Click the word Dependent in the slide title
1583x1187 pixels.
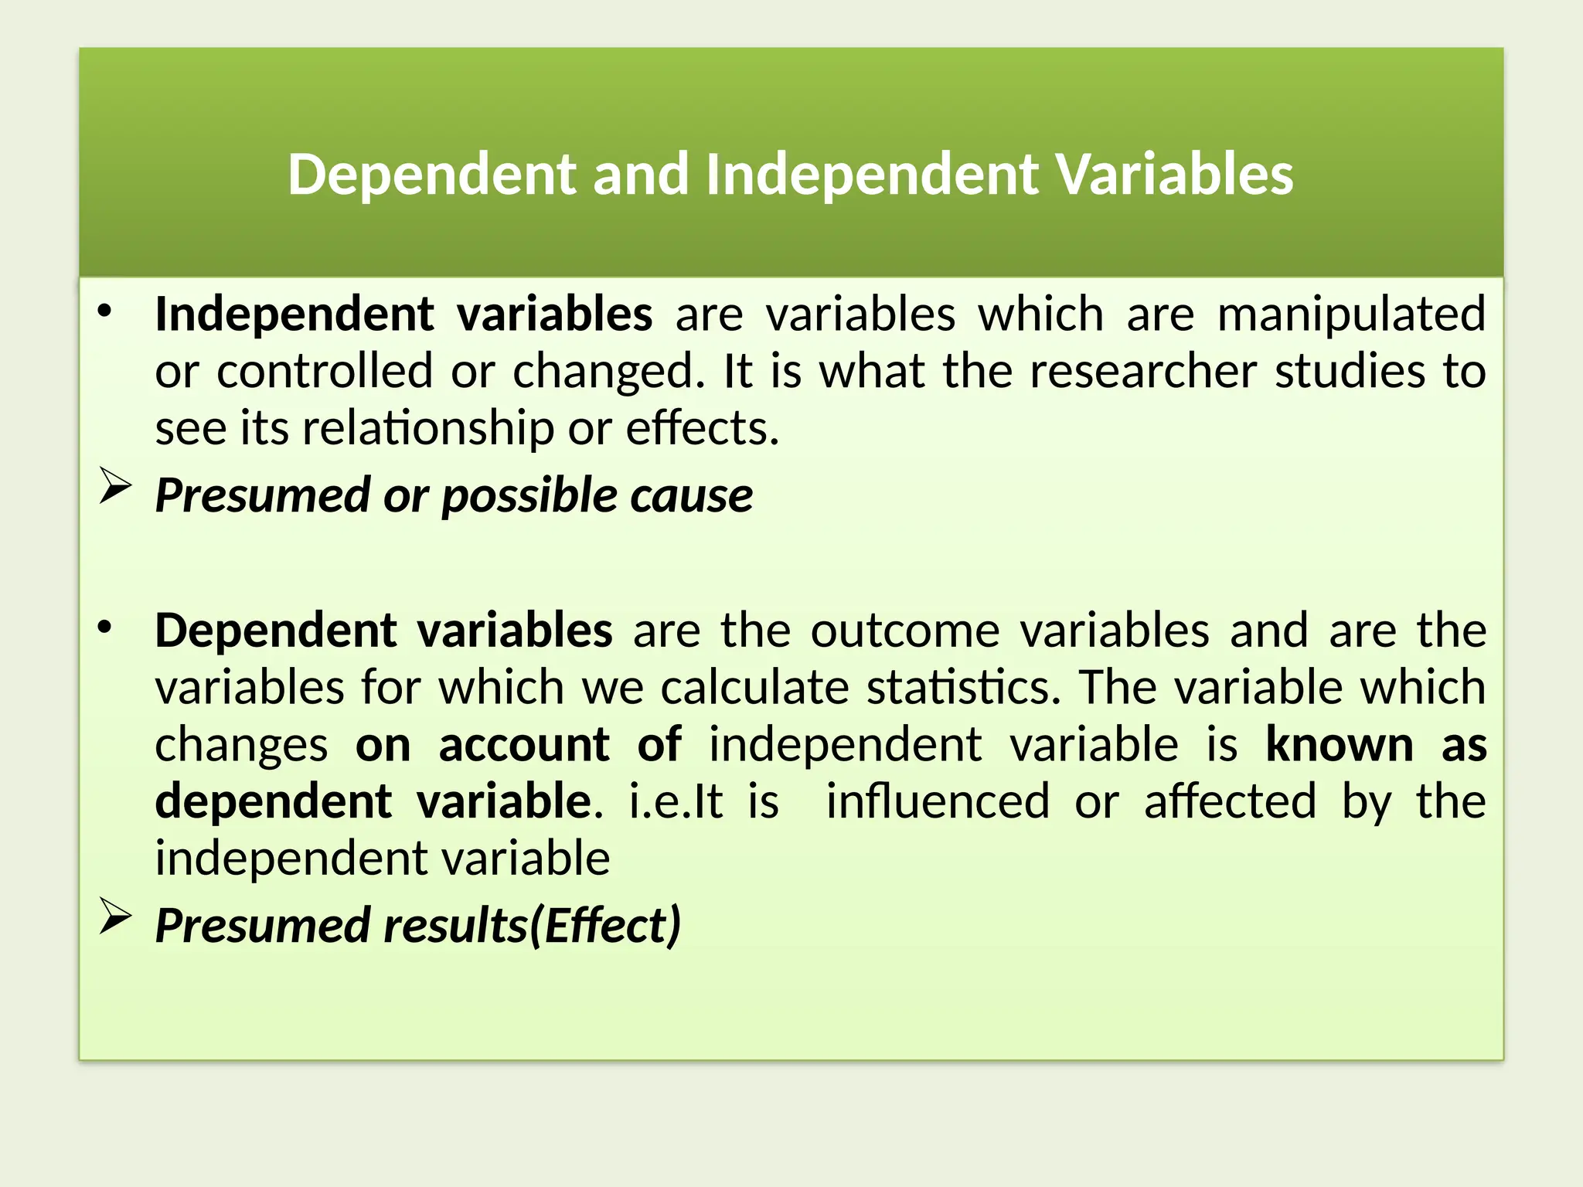[x=431, y=175]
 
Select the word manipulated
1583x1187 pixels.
[x=1351, y=315]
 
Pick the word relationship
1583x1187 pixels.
[x=428, y=428]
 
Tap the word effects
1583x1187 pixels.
[x=702, y=428]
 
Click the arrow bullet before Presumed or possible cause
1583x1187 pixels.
[x=115, y=488]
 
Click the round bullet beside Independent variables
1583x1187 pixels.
[x=105, y=312]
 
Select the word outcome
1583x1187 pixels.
[x=905, y=631]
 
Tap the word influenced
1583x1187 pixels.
[x=938, y=801]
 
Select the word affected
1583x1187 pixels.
[x=1230, y=801]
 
